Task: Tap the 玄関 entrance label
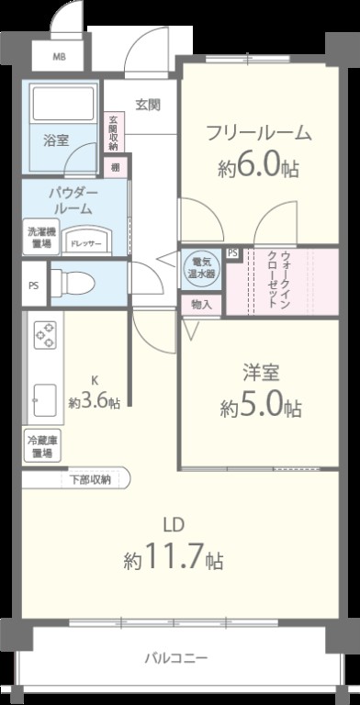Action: [x=148, y=104]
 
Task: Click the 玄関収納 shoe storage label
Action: [x=113, y=132]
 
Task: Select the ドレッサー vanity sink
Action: [x=88, y=241]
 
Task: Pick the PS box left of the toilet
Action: [x=33, y=285]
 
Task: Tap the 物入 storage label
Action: [x=200, y=305]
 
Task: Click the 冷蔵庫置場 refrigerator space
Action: [x=40, y=446]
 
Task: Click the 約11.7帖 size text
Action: [x=174, y=557]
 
